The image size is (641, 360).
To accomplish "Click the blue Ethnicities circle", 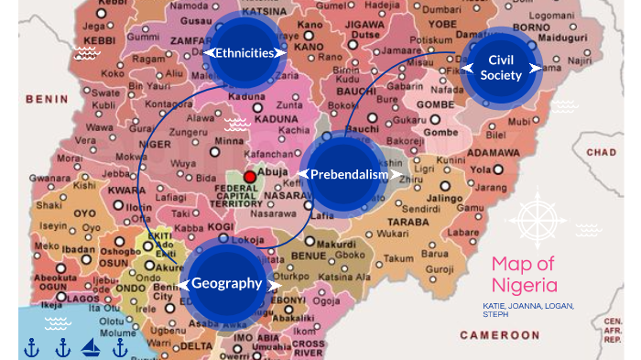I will point(244,53).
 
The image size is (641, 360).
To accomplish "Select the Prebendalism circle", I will point(342,174).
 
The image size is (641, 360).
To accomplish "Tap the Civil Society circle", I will point(499,68).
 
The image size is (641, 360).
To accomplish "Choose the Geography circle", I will point(227,283).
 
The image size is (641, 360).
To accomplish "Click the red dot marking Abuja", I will point(249,176).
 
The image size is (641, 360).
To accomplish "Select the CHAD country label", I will point(601,152).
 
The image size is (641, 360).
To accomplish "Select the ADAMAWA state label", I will point(494,152).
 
